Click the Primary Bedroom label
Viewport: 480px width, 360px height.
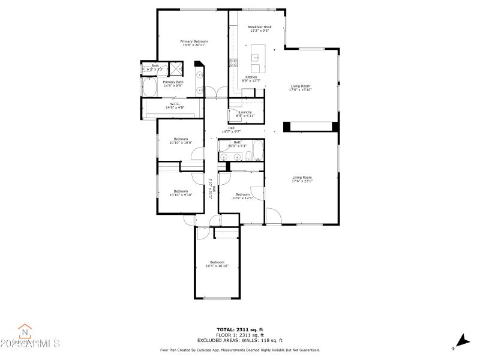tap(194, 41)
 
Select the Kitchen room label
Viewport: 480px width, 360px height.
tap(251, 77)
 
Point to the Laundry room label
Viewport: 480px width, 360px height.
tap(245, 112)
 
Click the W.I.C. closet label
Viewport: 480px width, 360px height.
tap(175, 104)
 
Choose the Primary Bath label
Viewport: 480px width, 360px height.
tap(173, 82)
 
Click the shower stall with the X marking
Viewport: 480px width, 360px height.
tap(178, 68)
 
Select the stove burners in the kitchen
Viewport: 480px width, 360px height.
tap(233, 62)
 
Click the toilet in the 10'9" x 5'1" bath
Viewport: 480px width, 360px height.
tap(248, 156)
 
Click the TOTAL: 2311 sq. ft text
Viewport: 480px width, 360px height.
tap(239, 329)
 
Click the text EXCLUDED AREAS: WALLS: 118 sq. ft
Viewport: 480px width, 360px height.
tap(239, 340)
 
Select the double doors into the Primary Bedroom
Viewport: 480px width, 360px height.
tap(217, 92)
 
